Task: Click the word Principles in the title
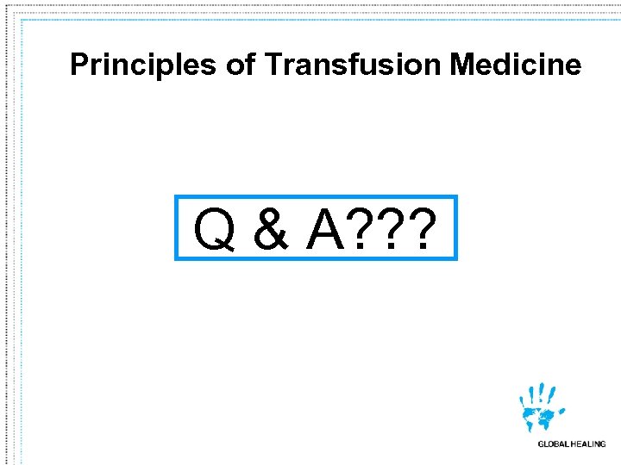(143, 65)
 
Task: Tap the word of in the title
(241, 65)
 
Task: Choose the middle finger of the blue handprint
(542, 390)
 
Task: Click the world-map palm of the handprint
(542, 418)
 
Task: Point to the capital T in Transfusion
(274, 65)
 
